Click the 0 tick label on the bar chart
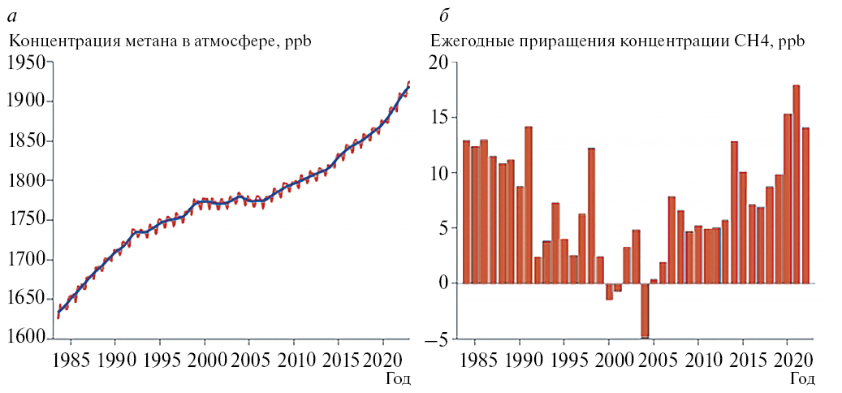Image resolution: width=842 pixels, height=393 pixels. (443, 284)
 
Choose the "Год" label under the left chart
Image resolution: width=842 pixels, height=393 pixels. (398, 378)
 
